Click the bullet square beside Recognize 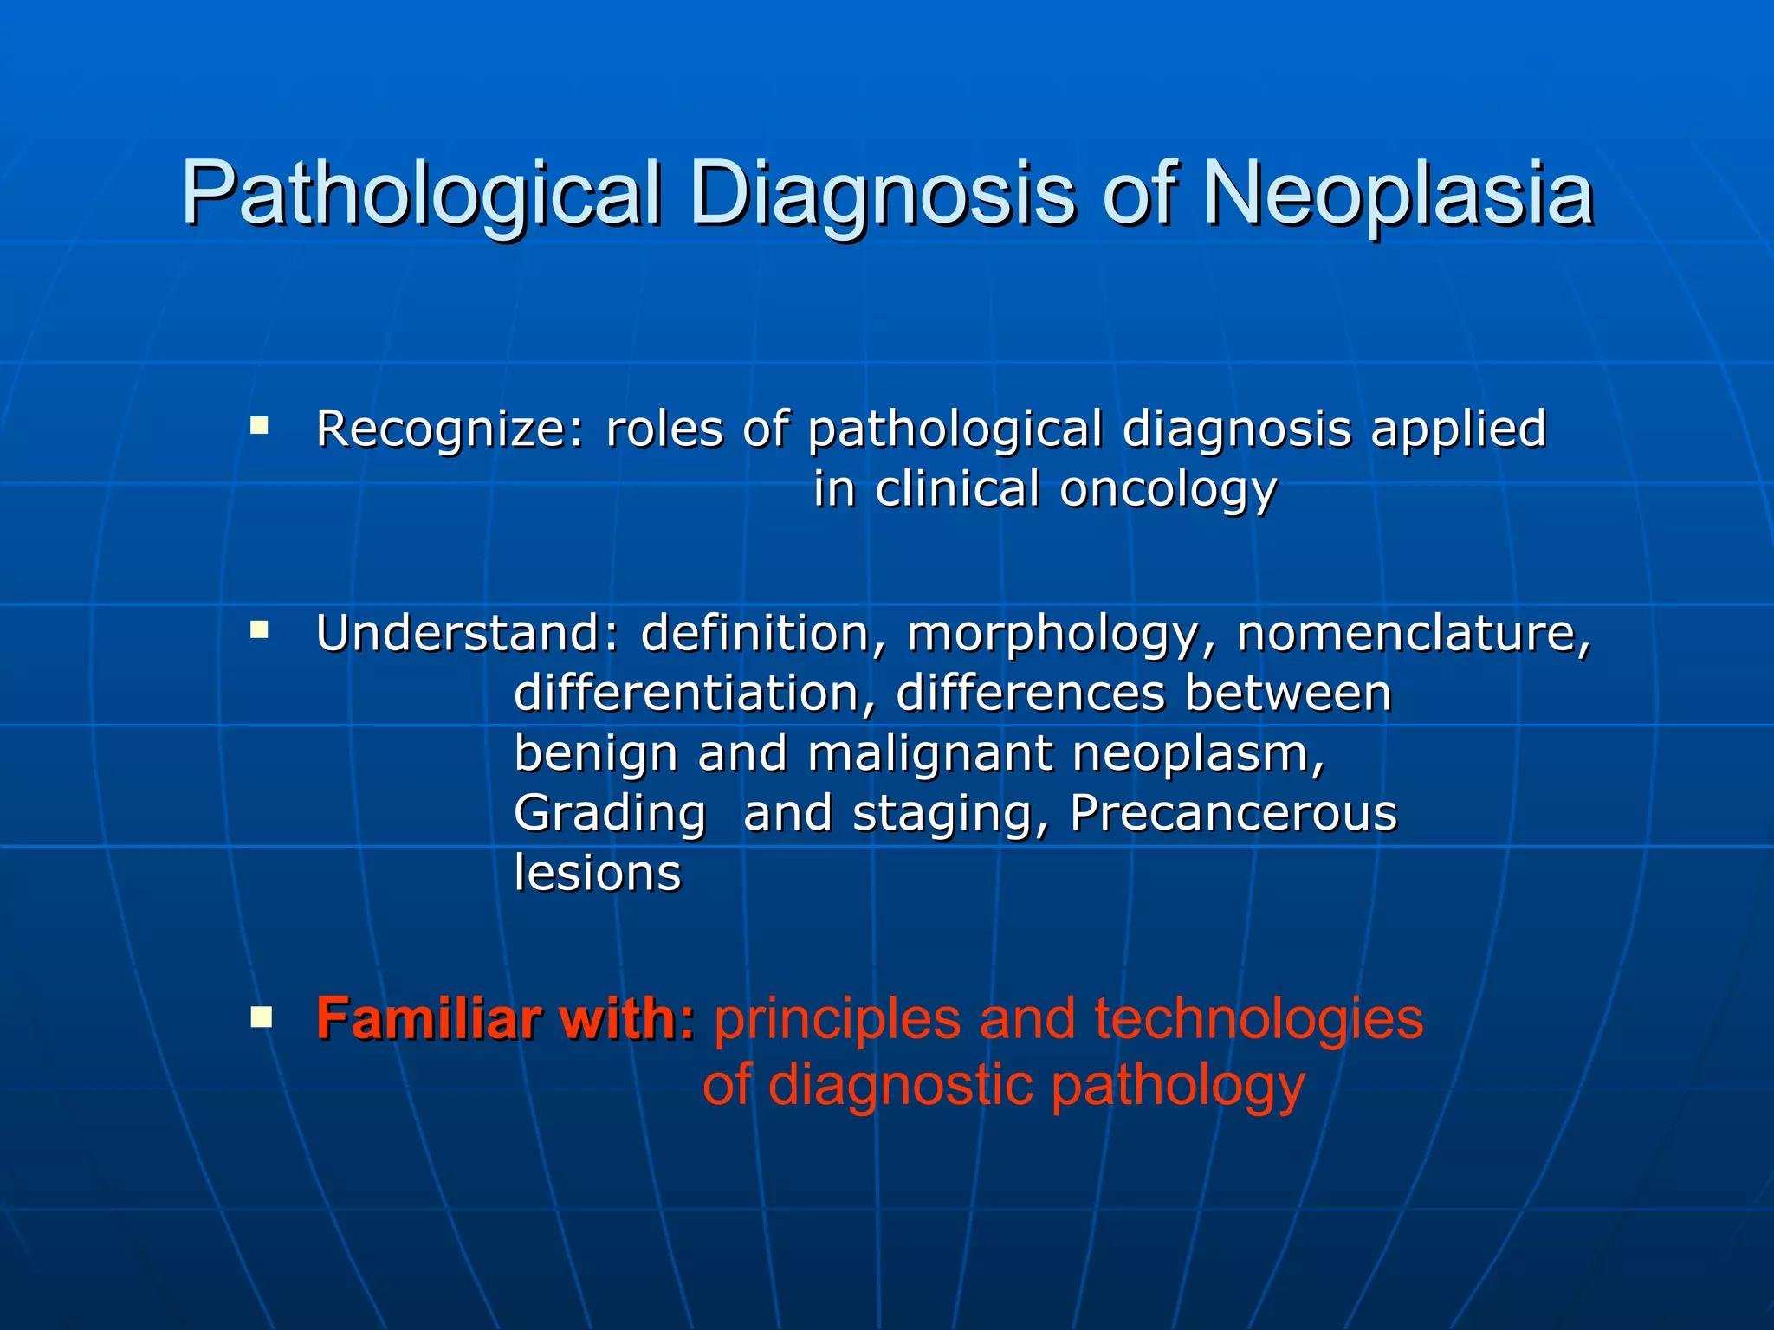[x=259, y=425]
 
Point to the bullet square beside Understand [x=259, y=630]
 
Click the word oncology [x=1169, y=490]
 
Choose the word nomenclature [x=1414, y=633]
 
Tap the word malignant [x=929, y=753]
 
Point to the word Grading [x=610, y=814]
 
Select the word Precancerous [x=1233, y=813]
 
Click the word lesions [x=598, y=873]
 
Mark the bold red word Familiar [x=429, y=1018]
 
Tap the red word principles [x=837, y=1020]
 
